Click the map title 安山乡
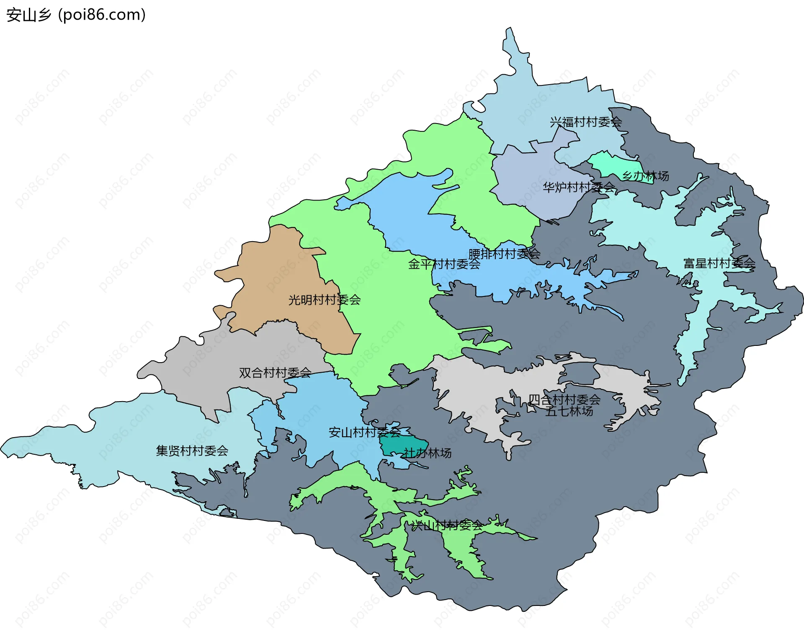[28, 15]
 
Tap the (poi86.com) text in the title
[102, 15]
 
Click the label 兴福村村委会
[585, 122]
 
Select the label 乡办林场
[645, 176]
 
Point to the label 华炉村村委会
[579, 187]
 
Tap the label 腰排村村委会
[504, 254]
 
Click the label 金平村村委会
[444, 264]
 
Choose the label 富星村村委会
[719, 263]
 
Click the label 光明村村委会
[324, 300]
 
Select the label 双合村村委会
[275, 373]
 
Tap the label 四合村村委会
[564, 400]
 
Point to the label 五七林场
[569, 411]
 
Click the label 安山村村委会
[364, 432]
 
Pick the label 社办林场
[427, 453]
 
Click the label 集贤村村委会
[192, 451]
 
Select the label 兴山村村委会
[446, 526]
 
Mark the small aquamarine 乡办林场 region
[611, 165]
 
